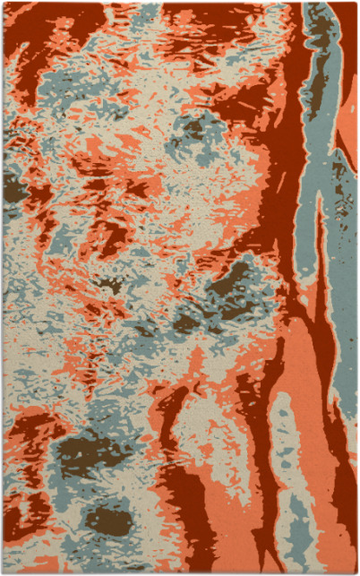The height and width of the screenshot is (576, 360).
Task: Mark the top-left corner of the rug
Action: [x=4, y=4]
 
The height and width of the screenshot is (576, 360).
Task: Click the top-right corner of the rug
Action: [x=356, y=4]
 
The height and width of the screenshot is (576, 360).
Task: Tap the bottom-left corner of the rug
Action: [x=4, y=572]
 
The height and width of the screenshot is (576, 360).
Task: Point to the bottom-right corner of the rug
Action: [x=356, y=572]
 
